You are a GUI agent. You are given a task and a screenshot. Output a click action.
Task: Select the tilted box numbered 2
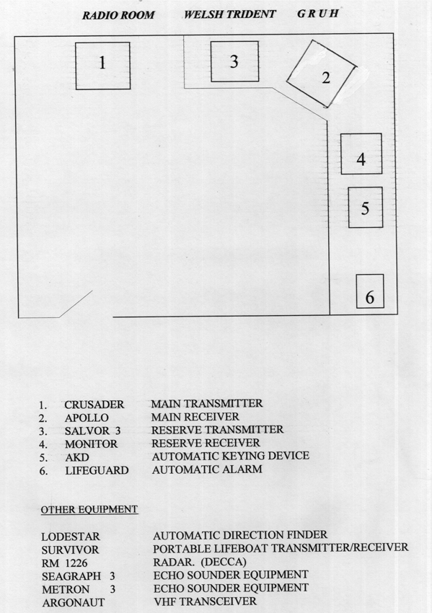click(x=322, y=74)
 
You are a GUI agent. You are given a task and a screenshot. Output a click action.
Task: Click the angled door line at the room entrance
click(x=76, y=304)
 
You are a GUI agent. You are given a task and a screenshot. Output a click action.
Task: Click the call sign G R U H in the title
click(x=318, y=14)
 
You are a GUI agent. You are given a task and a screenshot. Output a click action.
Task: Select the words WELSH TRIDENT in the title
click(x=230, y=14)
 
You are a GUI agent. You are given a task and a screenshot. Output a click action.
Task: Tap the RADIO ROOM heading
click(x=118, y=15)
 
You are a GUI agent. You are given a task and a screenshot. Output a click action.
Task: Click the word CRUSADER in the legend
click(x=94, y=405)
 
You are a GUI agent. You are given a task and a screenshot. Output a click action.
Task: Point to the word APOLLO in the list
click(x=87, y=418)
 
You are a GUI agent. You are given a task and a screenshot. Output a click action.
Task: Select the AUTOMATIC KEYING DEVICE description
click(x=231, y=456)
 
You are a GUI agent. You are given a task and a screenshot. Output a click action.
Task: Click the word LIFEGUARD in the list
click(x=97, y=470)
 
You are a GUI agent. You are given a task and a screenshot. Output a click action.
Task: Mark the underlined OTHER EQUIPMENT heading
click(x=89, y=510)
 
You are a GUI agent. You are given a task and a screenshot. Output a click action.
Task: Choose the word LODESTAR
click(x=71, y=537)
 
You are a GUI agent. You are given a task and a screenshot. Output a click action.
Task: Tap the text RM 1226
click(x=64, y=563)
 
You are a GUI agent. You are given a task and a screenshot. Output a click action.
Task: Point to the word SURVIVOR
click(x=71, y=550)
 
